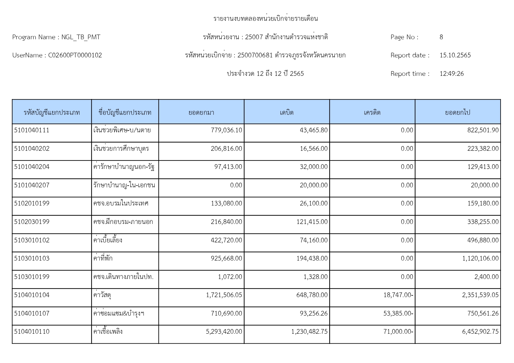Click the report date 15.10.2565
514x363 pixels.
[x=455, y=55]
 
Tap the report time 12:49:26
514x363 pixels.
[x=451, y=74]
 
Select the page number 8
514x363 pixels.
[x=441, y=37]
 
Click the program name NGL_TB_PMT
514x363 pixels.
[x=81, y=37]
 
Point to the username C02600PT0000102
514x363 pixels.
[x=75, y=55]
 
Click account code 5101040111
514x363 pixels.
[x=32, y=130]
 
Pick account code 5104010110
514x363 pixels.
[x=32, y=332]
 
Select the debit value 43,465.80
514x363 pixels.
[x=313, y=130]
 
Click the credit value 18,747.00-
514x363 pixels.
[x=398, y=295]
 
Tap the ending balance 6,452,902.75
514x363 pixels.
[x=480, y=332]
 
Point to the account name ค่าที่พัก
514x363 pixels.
[x=103, y=258]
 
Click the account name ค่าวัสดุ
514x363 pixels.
[x=102, y=295]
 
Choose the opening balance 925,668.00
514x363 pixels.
[x=226, y=258]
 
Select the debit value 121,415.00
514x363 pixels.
[x=312, y=222]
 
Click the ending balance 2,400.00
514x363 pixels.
[x=486, y=277]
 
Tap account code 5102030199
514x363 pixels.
[x=32, y=222]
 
